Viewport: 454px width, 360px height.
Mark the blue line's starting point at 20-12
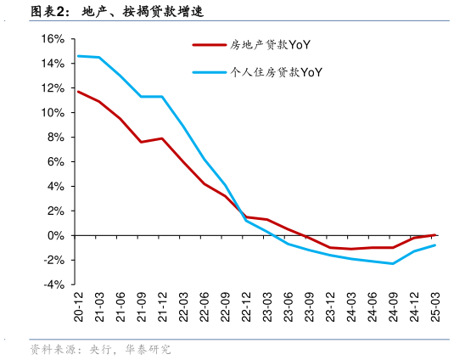[78, 56]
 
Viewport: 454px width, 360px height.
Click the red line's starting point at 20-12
[78, 92]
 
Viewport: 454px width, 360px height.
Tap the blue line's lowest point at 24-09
[393, 263]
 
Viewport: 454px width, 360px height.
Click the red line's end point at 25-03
[435, 235]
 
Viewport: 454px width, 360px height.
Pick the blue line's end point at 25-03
[435, 245]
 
